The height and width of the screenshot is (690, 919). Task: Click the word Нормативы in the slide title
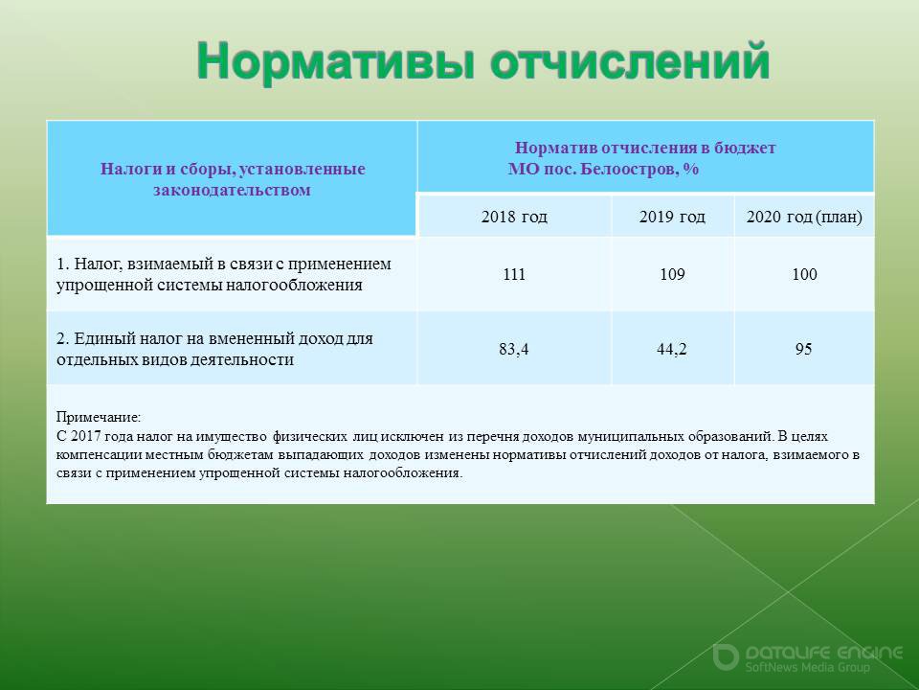coord(335,61)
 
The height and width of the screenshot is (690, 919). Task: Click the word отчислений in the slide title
coord(630,61)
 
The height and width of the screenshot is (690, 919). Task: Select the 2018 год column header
coord(514,217)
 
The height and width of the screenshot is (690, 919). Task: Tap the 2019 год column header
coord(672,217)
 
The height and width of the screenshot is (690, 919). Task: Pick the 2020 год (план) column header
coord(804,218)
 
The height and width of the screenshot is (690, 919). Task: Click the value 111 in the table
coord(514,274)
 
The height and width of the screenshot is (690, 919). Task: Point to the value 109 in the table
coord(672,274)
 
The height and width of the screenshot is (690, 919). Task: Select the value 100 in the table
coord(804,274)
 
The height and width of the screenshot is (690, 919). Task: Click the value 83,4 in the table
coord(513,349)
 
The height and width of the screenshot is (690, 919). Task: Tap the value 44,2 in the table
coord(672,349)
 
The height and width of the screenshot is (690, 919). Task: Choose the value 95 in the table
coord(803,349)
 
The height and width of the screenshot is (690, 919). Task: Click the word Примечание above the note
coord(99,417)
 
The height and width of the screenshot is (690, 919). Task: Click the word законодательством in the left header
coord(232,190)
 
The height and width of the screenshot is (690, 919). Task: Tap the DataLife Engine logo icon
coord(725,656)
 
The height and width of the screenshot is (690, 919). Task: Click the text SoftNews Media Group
coord(808,667)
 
